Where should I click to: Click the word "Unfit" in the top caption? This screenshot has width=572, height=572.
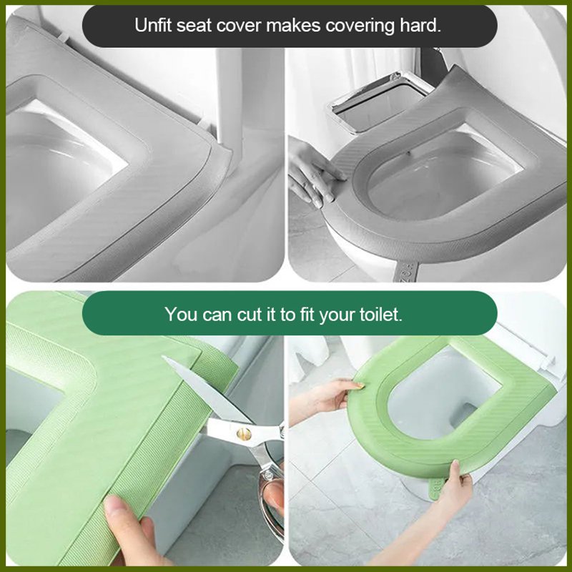pyautogui.click(x=152, y=26)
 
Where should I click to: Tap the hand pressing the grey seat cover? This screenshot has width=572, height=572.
pyautogui.click(x=312, y=172)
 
